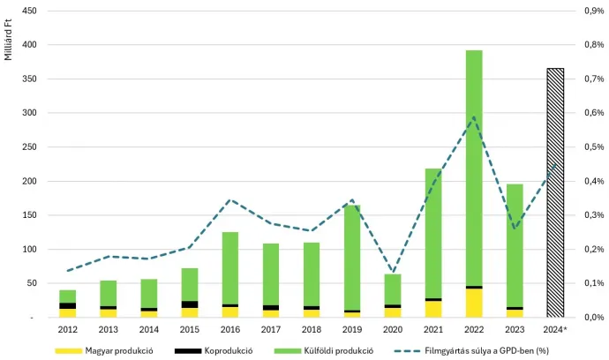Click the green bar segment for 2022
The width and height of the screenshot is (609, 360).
(474, 168)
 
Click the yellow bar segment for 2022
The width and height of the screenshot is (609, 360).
(474, 303)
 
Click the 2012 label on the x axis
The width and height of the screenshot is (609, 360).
(68, 330)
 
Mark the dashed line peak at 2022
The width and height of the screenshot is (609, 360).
(474, 117)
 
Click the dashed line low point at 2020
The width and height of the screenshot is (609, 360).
(393, 272)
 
